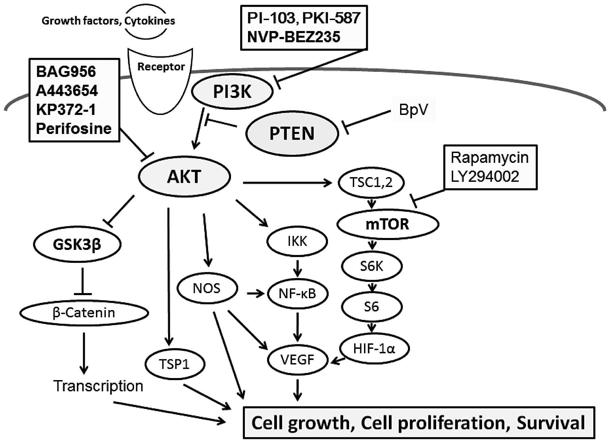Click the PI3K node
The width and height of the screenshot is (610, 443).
232,91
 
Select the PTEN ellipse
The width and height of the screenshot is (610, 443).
292,133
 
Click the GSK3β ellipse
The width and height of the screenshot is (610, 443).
77,244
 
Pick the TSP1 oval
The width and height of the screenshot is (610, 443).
175,364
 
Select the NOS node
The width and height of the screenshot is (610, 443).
207,289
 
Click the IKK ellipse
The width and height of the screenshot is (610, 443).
297,241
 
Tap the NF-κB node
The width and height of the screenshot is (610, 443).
297,293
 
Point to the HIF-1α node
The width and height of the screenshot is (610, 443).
374,348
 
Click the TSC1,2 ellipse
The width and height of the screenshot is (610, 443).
371,183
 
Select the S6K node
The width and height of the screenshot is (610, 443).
372,266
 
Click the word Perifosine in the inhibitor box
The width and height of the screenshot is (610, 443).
74,129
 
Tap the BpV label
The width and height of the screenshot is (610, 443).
413,110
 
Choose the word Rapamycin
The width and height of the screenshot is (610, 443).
490,158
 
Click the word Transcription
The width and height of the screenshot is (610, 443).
98,386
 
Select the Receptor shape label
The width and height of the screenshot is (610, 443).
161,67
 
